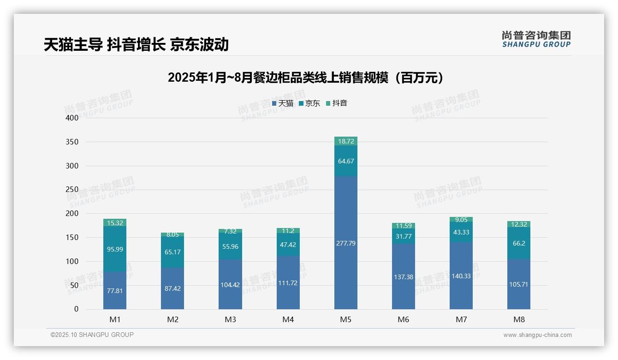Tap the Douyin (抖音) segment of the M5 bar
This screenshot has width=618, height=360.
(345, 141)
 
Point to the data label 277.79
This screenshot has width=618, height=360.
(345, 243)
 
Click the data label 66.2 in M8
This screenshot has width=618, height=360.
(519, 243)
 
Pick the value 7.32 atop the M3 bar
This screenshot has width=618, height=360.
(230, 231)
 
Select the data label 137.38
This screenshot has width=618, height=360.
(404, 277)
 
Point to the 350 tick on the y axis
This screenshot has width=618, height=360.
(72, 142)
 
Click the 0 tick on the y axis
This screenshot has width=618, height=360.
(77, 309)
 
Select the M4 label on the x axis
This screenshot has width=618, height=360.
(288, 319)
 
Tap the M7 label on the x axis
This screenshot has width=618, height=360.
(461, 319)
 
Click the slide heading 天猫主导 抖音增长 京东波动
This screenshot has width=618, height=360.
(137, 44)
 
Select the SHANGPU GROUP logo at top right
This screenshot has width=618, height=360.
(536, 39)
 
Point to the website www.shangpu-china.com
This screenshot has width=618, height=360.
(537, 335)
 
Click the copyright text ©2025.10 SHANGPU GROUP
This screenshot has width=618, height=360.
(92, 335)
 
